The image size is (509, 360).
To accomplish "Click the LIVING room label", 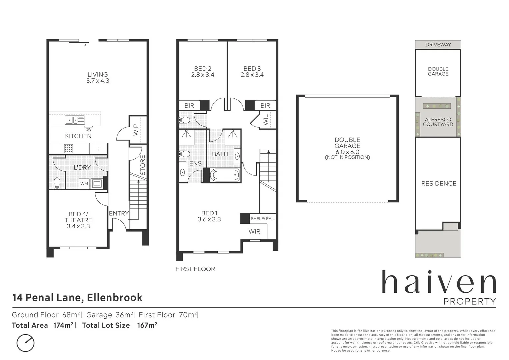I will (x=98, y=75).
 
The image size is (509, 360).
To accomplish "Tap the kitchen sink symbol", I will (x=75, y=120).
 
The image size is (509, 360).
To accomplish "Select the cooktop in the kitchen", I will (x=69, y=148).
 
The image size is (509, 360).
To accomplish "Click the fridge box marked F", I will (x=99, y=149).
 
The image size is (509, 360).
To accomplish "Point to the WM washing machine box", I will (x=84, y=184).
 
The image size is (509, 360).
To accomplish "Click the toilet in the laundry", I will (x=57, y=183).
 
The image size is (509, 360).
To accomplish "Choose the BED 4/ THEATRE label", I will (x=78, y=217).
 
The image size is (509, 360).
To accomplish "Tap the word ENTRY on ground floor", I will (x=119, y=213).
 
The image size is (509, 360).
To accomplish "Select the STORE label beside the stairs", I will (x=143, y=165).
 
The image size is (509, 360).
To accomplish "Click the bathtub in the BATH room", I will (x=225, y=175).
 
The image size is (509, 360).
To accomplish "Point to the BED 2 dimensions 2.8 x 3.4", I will (x=203, y=75).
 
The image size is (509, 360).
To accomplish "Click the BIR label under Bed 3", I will (x=265, y=106).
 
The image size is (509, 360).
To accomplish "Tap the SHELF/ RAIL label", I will (x=263, y=219).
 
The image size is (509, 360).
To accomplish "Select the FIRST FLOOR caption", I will (x=195, y=269).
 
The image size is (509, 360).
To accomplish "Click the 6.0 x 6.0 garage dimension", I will (x=347, y=152).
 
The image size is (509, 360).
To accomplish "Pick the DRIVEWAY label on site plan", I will (x=438, y=45).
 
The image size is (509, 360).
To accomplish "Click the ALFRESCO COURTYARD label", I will (x=438, y=122).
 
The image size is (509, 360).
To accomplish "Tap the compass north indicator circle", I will (x=25, y=343).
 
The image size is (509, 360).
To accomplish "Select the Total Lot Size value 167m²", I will (x=147, y=325).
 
